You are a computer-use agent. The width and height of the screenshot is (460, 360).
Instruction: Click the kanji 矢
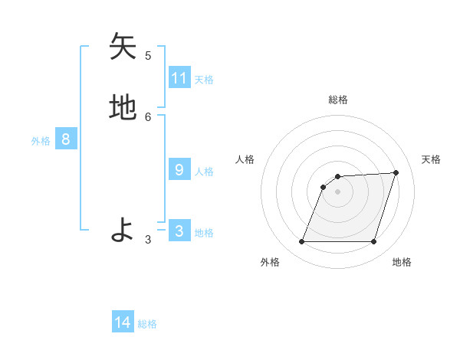tap(123, 47)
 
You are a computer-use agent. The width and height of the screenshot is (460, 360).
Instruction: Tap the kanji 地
tap(123, 108)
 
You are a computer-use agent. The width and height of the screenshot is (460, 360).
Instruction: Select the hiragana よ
tap(123, 230)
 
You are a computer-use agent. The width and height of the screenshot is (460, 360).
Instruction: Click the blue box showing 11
tap(179, 78)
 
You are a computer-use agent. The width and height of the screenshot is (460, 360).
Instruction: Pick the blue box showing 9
tap(179, 170)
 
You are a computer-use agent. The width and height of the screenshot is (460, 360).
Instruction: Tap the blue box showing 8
tap(66, 139)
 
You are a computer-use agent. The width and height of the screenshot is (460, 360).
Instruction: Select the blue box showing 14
tap(123, 322)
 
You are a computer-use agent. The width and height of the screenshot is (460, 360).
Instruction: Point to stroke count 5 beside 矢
tap(148, 55)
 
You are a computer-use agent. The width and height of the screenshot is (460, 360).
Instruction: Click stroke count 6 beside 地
tap(148, 116)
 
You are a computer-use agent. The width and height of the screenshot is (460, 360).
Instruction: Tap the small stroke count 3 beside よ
tap(148, 239)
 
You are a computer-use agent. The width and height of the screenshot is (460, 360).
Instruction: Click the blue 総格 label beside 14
tap(147, 324)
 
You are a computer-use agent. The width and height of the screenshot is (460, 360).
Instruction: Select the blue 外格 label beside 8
tap(41, 141)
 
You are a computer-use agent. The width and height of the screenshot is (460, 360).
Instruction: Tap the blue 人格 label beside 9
tap(205, 172)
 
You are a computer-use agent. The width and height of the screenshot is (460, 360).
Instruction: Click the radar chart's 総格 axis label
tap(338, 100)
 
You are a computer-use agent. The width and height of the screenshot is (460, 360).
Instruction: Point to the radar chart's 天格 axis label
tap(431, 159)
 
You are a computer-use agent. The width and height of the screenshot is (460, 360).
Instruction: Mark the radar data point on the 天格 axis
tap(396, 172)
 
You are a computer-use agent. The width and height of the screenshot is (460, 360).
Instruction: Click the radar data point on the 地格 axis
tap(374, 242)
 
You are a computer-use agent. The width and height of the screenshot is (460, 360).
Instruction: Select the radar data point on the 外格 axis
tap(302, 242)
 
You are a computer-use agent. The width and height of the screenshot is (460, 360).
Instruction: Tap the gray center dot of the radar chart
tap(338, 191)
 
